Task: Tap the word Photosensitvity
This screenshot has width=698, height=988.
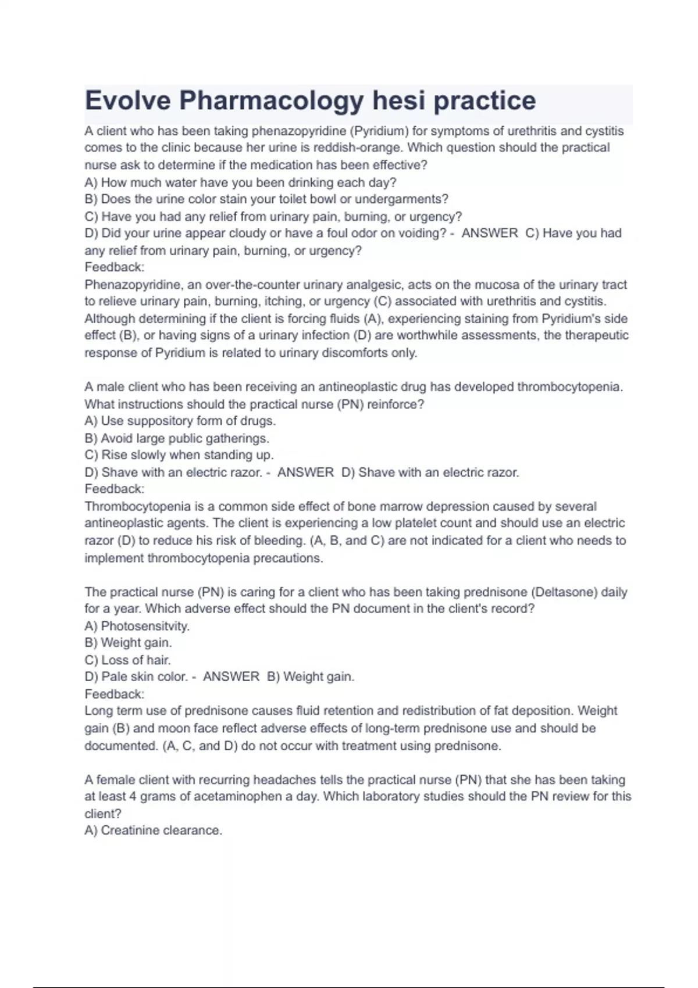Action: point(145,626)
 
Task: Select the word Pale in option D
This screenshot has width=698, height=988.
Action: point(113,676)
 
